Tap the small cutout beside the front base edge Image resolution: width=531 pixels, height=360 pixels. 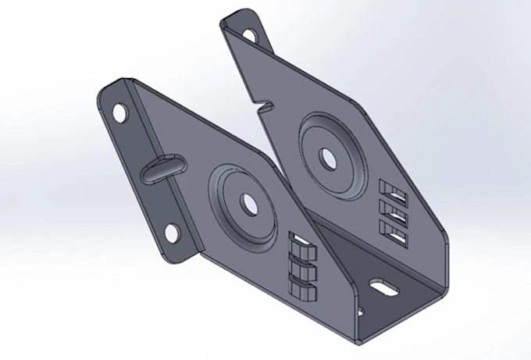click(x=362, y=312)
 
